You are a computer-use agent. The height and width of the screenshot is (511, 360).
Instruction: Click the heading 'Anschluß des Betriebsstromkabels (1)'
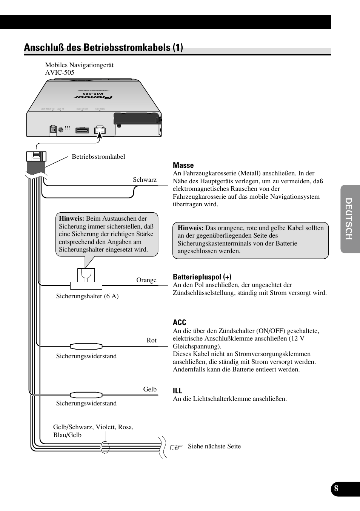103,48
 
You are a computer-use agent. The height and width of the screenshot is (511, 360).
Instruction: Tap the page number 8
336,489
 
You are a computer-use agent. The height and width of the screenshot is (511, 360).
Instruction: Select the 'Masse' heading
183,165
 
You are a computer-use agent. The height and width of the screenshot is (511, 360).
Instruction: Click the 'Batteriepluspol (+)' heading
202,277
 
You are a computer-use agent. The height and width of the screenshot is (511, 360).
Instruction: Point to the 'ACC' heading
179,322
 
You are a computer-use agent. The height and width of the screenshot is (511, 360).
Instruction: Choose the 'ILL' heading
177,391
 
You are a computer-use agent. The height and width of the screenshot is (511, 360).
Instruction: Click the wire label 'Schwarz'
145,180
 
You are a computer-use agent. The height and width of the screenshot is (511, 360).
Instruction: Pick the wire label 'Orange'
146,280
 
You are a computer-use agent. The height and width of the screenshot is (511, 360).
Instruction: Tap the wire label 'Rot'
151,340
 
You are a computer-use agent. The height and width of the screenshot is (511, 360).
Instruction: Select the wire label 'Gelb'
150,389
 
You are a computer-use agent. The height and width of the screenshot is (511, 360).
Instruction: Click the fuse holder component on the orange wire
86,279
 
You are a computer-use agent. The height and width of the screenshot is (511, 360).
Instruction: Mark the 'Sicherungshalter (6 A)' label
87,296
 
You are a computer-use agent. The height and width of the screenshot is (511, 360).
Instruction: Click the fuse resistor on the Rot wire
86,346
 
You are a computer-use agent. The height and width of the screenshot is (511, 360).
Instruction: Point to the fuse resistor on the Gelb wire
86,395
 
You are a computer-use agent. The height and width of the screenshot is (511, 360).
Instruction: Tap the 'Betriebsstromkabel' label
98,157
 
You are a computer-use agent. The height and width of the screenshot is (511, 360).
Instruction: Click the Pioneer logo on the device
93,98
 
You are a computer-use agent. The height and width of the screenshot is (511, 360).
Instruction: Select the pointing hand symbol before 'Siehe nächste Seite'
176,447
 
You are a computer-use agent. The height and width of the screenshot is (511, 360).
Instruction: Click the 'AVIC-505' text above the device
60,72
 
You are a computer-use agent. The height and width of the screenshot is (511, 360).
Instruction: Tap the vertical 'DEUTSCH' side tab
349,219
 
